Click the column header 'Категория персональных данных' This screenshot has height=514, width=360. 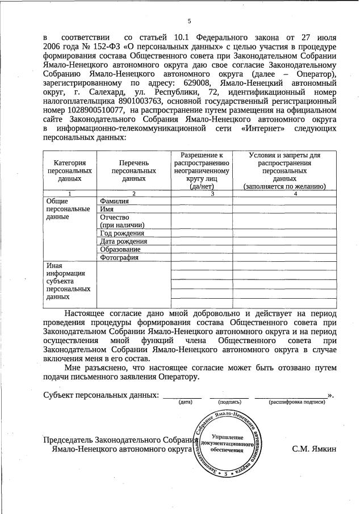click(70, 170)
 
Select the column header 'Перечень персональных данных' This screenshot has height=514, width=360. click(133, 170)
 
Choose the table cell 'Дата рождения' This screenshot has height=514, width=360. click(123, 241)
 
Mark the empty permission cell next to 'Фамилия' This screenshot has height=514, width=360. click(201, 201)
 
